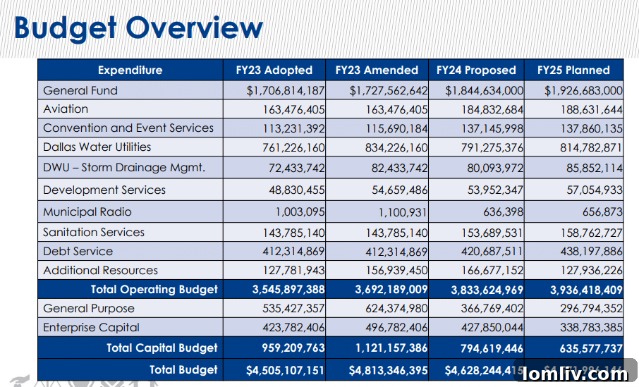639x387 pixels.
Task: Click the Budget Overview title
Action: click(138, 28)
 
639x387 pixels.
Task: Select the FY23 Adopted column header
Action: click(274, 70)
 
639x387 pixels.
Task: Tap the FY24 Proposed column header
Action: click(476, 70)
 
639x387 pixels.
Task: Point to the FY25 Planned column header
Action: click(573, 70)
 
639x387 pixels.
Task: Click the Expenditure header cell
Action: click(130, 70)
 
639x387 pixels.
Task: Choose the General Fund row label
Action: click(80, 90)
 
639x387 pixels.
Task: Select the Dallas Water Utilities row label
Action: click(97, 147)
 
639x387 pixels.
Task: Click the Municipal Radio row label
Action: click(87, 212)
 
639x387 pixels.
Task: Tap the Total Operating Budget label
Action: click(154, 289)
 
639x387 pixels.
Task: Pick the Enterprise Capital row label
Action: click(91, 328)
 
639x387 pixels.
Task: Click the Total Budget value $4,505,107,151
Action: click(286, 370)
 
